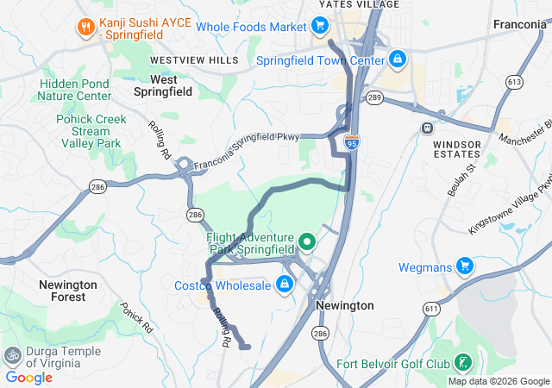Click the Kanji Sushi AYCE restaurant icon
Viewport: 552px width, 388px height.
(x=85, y=27)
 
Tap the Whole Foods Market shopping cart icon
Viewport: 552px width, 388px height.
(x=319, y=27)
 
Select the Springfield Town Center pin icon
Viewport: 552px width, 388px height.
(x=397, y=60)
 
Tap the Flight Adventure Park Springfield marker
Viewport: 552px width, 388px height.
(x=304, y=239)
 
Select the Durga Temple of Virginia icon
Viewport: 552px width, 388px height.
(x=13, y=354)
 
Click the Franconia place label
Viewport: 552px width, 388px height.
(x=520, y=25)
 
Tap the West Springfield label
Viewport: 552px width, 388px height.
(x=157, y=84)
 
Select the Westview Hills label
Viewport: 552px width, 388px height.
(x=193, y=60)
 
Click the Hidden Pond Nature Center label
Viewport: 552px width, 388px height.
(x=74, y=91)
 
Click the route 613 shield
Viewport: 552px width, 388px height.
(x=515, y=82)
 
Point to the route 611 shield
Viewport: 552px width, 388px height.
(x=431, y=308)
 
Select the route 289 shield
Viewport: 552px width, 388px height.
(x=373, y=98)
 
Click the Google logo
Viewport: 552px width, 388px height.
(x=29, y=377)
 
